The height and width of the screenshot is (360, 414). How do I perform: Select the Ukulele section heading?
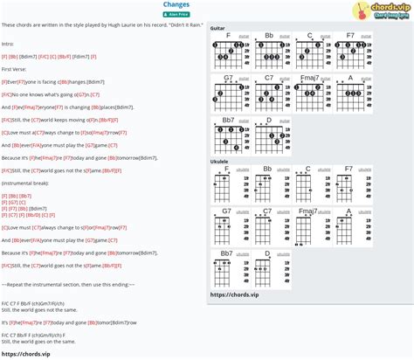pos(220,161)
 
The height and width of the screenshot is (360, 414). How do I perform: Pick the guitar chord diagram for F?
pos(229,52)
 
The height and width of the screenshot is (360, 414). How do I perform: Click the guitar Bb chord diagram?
pos(269,52)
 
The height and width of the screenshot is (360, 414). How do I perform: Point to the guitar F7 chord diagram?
pos(349,52)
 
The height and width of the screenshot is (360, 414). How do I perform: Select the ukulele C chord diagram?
pos(309,185)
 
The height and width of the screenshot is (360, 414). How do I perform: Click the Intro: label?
pos(9,43)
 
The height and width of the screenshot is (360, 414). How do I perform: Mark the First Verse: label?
pos(14,68)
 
